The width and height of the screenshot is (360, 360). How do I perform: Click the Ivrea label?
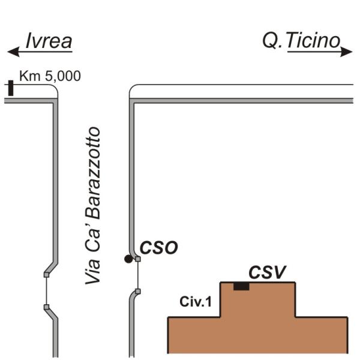[x=49, y=41]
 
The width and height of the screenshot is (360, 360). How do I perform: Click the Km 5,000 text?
[x=50, y=76]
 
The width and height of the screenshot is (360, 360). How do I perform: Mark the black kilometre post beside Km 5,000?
[x=10, y=88]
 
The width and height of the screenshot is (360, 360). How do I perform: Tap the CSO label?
[x=159, y=248]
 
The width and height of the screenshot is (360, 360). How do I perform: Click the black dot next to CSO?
[x=128, y=259]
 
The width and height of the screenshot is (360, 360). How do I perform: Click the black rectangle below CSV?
[x=241, y=286]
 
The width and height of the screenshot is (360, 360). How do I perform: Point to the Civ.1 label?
[x=196, y=302]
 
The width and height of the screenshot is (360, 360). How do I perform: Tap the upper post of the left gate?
[x=47, y=275]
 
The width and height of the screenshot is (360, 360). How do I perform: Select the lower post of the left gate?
[x=47, y=307]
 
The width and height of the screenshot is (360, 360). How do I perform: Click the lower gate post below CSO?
[x=137, y=292]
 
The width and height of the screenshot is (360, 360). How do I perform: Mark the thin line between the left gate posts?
[x=47, y=291]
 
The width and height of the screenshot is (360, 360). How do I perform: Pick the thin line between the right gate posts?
[x=137, y=275]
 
